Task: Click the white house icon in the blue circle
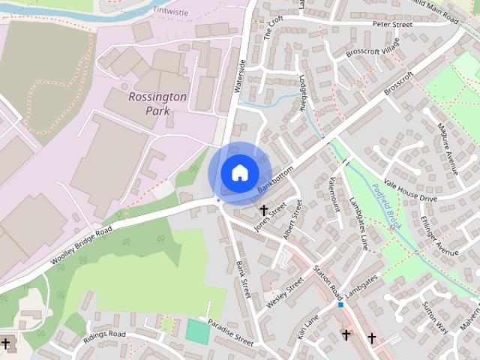[239, 172]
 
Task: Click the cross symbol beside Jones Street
[264, 210]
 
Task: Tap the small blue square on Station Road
[340, 305]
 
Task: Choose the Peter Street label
[393, 25]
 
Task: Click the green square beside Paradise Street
[198, 331]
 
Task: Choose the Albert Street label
[292, 224]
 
